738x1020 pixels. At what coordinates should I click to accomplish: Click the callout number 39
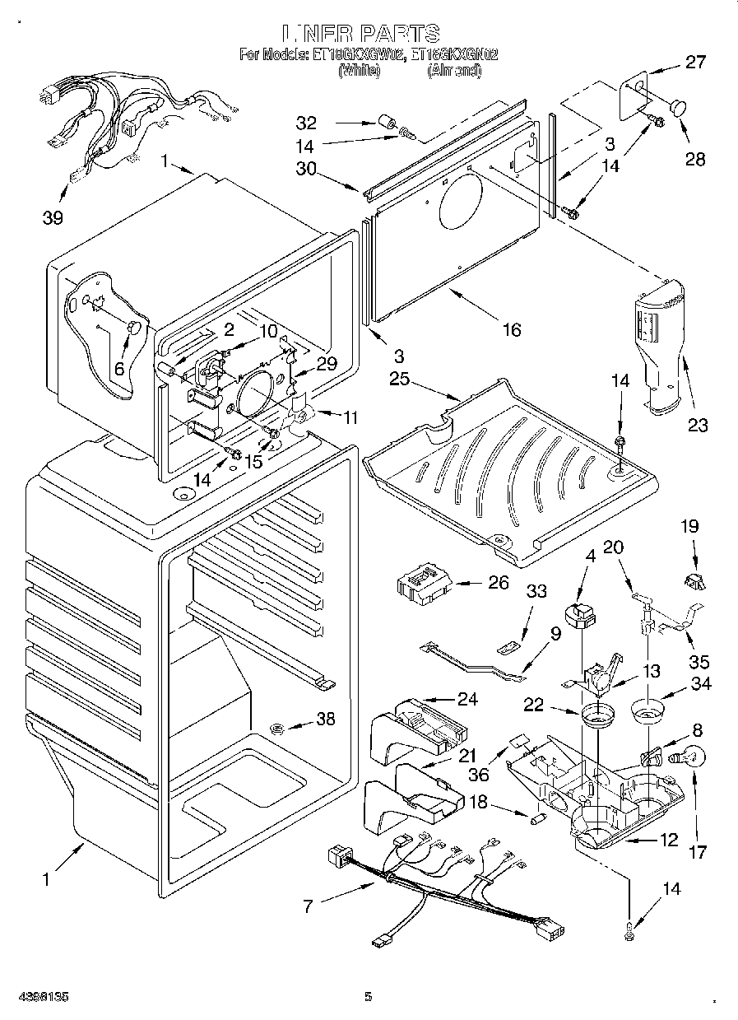[x=53, y=218]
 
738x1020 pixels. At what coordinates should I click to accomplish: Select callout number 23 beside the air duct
[x=698, y=426]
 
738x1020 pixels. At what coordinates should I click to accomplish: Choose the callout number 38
[x=326, y=719]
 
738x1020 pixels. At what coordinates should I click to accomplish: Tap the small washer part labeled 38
[x=278, y=726]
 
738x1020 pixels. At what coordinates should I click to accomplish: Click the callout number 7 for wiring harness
[x=309, y=907]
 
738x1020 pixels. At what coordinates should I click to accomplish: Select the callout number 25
[x=400, y=380]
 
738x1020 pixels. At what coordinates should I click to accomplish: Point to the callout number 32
[x=306, y=123]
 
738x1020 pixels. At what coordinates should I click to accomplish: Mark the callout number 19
[x=689, y=524]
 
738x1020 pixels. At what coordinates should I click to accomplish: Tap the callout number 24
[x=467, y=699]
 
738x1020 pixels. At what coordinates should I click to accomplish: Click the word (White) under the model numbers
[x=359, y=72]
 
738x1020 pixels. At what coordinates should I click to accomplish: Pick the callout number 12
[x=668, y=840]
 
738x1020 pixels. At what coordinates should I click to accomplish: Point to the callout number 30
[x=306, y=167]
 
